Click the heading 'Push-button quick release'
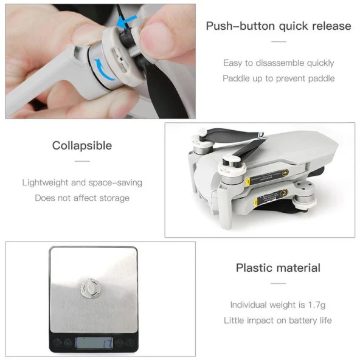[279, 26]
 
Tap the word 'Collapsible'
[82, 145]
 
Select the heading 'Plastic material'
[278, 268]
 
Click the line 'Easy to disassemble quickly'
[279, 63]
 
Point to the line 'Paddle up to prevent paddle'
[279, 78]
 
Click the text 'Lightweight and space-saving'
[82, 182]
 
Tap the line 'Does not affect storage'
[82, 198]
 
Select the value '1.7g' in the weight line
[317, 305]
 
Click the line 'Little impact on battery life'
[278, 320]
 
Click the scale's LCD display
[94, 343]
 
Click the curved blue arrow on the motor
[103, 69]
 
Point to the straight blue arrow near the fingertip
[126, 21]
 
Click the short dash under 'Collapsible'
[82, 161]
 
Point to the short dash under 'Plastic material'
[278, 283]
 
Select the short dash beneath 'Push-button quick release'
[279, 41]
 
